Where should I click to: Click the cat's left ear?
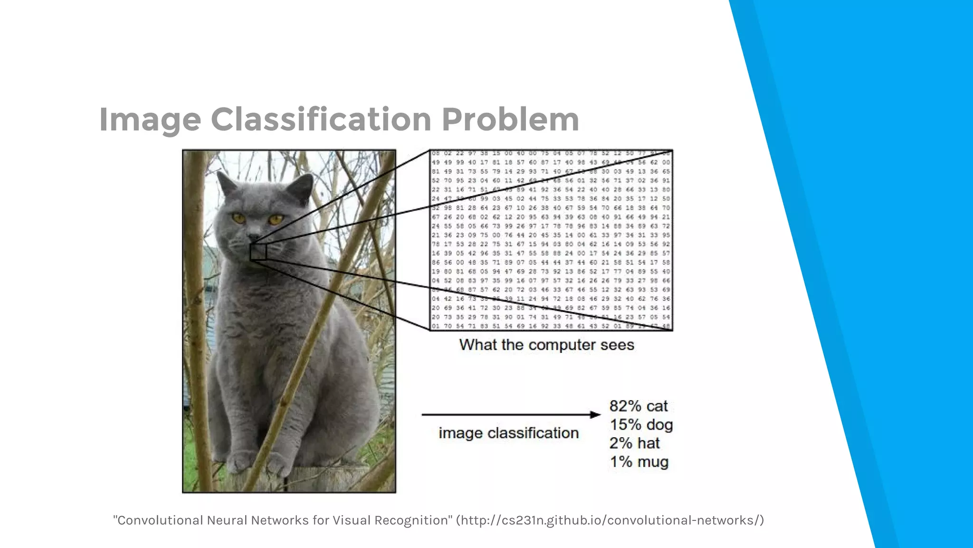click(x=227, y=183)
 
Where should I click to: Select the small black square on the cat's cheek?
click(x=258, y=252)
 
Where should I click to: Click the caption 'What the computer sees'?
click(x=546, y=345)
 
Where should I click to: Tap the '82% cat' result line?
click(x=638, y=406)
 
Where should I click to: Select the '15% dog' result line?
click(x=641, y=425)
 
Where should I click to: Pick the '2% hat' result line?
click(x=634, y=443)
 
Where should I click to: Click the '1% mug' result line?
click(x=639, y=462)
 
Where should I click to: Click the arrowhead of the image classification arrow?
click(x=595, y=415)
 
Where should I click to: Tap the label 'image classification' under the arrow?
click(x=508, y=433)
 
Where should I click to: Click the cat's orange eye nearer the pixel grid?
click(x=276, y=219)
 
